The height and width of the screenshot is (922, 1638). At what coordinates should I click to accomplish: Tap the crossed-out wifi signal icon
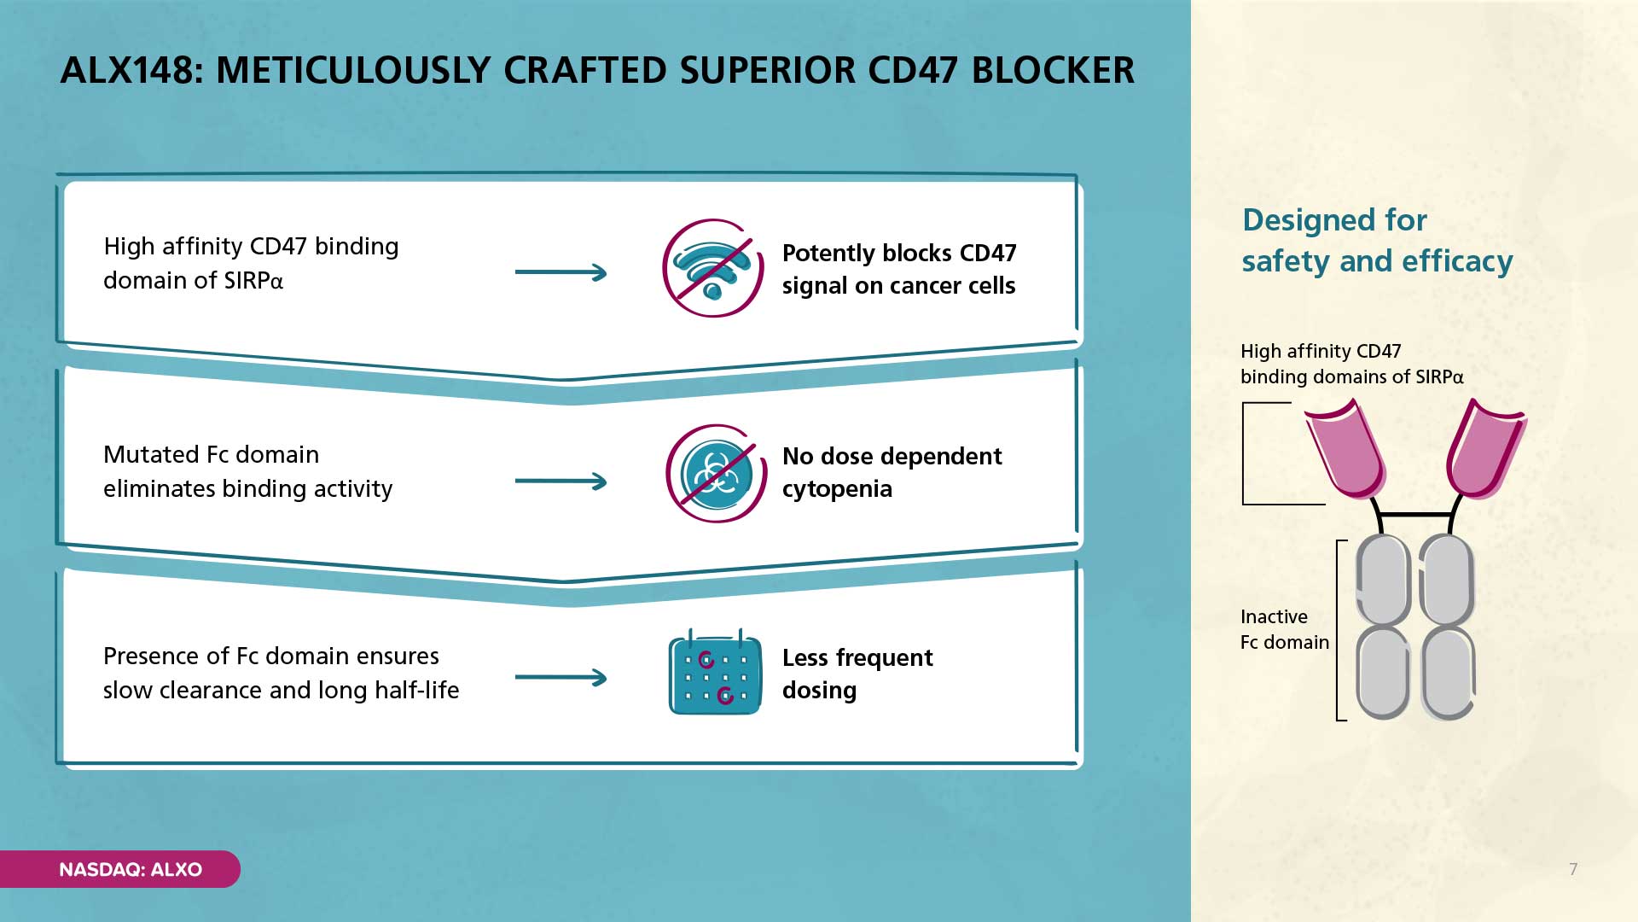tap(713, 268)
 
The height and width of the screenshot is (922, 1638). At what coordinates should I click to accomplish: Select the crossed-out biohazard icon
tap(717, 474)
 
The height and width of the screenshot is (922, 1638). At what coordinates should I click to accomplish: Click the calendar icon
tap(715, 673)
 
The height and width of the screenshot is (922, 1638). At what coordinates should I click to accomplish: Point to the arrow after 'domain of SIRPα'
tap(561, 272)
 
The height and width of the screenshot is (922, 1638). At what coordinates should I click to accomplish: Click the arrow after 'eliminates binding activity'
tap(561, 481)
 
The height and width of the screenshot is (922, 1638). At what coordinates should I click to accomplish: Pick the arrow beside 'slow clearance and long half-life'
tap(561, 678)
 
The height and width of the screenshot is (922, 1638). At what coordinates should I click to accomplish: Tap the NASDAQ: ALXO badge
tap(120, 869)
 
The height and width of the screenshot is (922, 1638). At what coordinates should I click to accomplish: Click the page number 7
tap(1573, 869)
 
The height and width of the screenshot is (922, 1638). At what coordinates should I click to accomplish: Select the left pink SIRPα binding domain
tap(1345, 449)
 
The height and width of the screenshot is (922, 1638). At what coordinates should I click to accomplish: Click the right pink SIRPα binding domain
tap(1485, 449)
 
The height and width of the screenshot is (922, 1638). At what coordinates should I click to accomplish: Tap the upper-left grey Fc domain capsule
tap(1383, 581)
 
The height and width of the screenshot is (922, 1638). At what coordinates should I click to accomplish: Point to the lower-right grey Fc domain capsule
tap(1449, 673)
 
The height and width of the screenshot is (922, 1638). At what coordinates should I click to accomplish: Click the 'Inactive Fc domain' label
tap(1285, 629)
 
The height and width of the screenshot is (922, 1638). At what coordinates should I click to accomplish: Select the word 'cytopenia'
tap(837, 489)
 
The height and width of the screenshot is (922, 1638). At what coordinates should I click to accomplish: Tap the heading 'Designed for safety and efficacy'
tap(1377, 241)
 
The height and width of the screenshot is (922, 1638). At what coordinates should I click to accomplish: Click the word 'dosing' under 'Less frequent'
tap(819, 691)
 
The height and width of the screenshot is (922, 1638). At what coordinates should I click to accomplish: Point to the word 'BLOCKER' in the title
tap(1053, 71)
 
